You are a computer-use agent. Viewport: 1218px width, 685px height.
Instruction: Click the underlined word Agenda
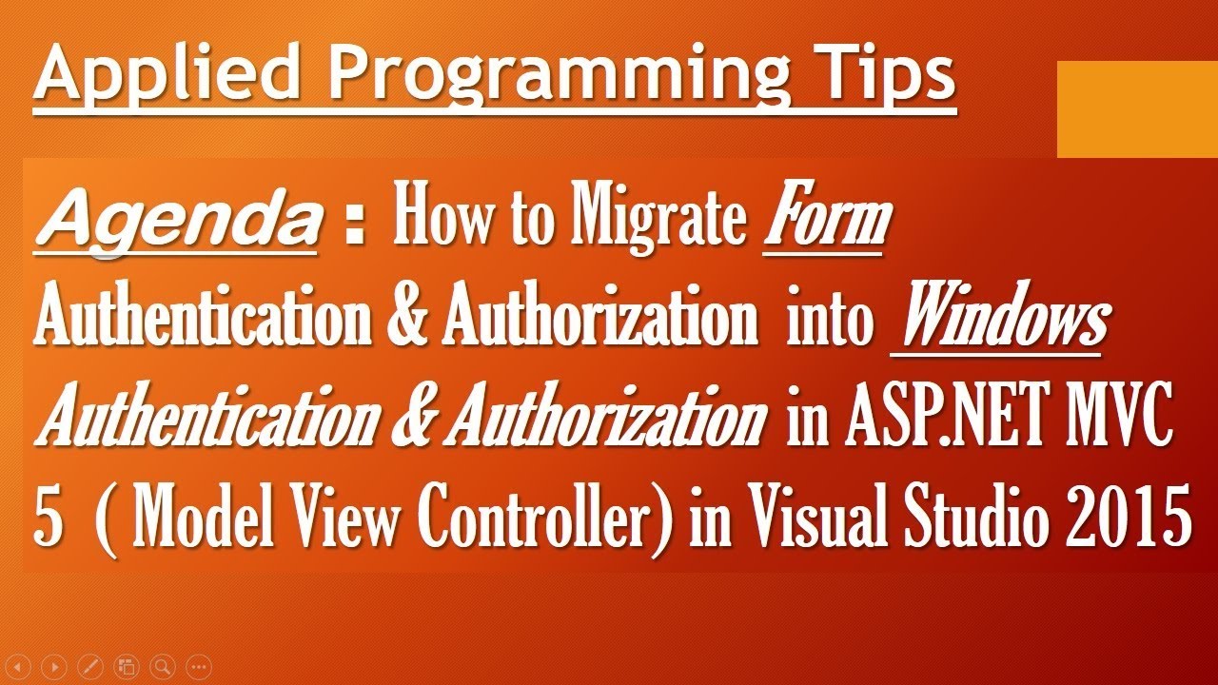(175, 223)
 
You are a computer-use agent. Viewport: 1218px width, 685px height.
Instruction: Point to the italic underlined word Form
(826, 222)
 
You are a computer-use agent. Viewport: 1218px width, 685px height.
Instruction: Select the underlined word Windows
(998, 323)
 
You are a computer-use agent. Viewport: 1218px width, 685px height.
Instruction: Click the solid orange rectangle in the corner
(1137, 108)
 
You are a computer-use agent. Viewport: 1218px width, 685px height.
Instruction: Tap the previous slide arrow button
(19, 666)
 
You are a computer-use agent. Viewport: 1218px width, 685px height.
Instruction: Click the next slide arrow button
(55, 666)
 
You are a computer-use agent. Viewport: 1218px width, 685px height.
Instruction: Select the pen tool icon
(90, 666)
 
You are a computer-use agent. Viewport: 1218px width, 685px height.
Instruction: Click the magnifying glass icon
(162, 666)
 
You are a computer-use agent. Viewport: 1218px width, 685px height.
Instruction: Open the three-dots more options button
(198, 666)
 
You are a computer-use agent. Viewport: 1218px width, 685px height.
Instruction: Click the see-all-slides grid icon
(126, 666)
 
